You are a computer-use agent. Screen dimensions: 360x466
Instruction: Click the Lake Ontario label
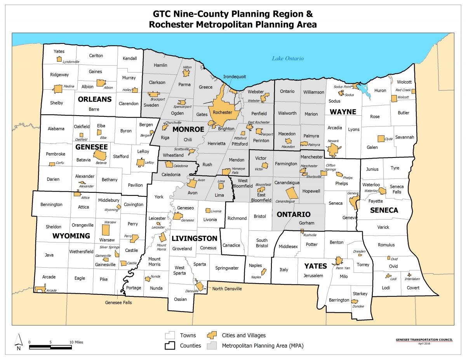[287, 59]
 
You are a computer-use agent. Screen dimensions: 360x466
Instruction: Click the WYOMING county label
[71, 236]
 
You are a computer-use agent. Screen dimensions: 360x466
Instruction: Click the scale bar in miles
[50, 346]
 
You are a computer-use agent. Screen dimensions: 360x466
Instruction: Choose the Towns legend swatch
[170, 335]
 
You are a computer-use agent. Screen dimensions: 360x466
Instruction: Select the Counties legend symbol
[170, 345]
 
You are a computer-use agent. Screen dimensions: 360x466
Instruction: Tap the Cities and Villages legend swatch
[212, 335]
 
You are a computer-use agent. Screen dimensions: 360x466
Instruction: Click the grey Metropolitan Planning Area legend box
[212, 345]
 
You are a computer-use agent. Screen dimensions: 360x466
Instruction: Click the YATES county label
[315, 266]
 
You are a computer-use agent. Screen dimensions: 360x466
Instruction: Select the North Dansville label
[227, 288]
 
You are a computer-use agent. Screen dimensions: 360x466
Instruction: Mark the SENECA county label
[384, 210]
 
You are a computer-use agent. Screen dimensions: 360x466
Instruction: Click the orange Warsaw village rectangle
[105, 230]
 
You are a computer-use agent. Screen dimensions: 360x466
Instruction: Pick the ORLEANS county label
[95, 99]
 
